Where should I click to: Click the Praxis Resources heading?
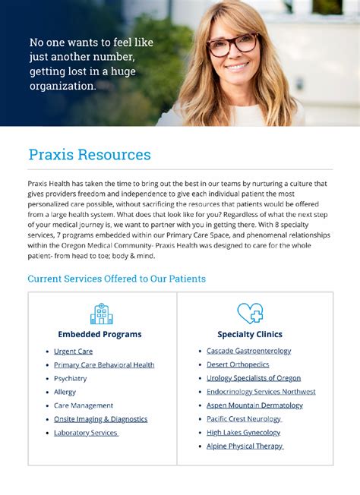90,155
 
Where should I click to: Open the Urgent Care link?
73,352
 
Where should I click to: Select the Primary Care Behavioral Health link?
104,365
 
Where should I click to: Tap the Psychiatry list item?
71,379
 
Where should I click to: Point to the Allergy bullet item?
65,392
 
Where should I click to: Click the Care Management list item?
84,405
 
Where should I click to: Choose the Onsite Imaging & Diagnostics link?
100,419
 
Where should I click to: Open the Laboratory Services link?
86,433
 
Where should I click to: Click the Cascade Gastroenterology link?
248,351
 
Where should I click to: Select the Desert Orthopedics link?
238,364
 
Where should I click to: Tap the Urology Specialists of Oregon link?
254,378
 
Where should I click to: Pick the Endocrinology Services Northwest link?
261,392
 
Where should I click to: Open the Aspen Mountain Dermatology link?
254,405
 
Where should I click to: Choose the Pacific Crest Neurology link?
244,419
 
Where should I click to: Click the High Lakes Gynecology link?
243,433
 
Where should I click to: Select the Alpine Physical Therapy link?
245,446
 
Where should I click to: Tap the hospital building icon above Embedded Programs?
101,314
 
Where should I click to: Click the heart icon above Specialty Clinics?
250,313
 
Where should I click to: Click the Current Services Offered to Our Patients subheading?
116,279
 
